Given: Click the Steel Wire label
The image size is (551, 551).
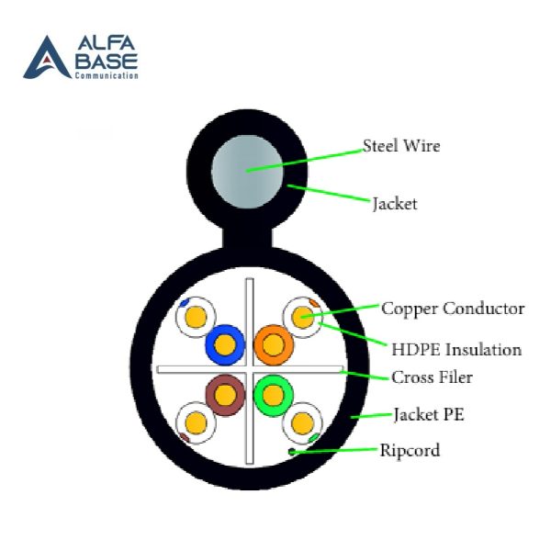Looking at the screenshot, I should pos(401,145).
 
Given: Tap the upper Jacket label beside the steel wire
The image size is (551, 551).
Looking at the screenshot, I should pos(394,203).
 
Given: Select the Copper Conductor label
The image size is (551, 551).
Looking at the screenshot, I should pos(453,309).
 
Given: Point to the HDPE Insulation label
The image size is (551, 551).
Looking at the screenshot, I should pos(456,349).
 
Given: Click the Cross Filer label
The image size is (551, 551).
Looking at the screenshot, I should pos(433,377).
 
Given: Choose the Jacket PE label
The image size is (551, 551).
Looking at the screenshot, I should pos(428,414).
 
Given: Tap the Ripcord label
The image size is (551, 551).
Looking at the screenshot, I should pos(410,450).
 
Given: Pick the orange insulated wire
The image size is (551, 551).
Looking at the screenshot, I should pos(273,345).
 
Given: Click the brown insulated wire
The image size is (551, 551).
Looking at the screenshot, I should pos(224,395).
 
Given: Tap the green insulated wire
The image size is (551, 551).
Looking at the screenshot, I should pos(273,395).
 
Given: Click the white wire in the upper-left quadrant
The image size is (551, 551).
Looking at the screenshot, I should pos(195,318).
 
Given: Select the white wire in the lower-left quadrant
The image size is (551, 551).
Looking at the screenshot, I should pos(195,422).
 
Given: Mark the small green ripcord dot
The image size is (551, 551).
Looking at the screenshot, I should pos(293,452).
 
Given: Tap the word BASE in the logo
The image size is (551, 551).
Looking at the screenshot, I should pos(107,62).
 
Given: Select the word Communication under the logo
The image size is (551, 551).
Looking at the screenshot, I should pos(107,76).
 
